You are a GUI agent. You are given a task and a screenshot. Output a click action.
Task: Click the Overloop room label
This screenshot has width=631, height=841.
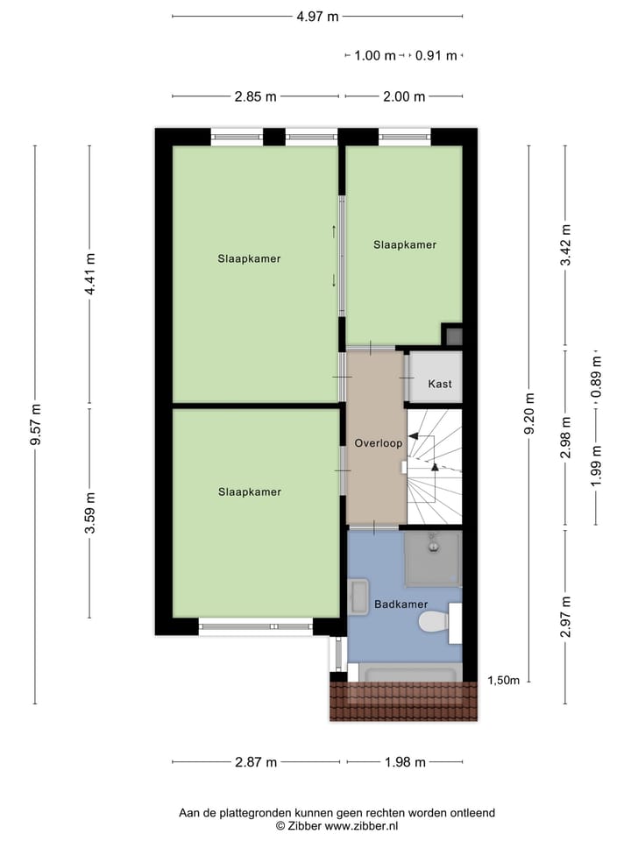[x=379, y=443]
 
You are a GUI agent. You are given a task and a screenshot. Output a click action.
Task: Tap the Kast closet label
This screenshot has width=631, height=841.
[x=440, y=385]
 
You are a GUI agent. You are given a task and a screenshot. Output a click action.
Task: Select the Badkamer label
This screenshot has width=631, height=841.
[x=401, y=604]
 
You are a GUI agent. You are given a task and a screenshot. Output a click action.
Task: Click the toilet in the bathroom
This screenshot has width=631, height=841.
[x=434, y=622]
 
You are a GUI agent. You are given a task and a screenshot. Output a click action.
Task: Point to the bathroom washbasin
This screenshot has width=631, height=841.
[x=358, y=598]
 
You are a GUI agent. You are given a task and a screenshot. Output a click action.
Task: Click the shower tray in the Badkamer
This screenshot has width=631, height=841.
[x=432, y=558]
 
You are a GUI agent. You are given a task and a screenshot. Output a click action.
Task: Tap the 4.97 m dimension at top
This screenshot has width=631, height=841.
[x=317, y=16]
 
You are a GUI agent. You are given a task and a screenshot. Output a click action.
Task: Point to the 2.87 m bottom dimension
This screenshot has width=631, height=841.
[x=256, y=762]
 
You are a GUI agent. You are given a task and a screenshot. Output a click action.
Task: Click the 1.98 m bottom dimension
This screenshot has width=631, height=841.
[x=405, y=762]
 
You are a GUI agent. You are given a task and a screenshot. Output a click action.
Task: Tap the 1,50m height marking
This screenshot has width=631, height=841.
[x=504, y=681]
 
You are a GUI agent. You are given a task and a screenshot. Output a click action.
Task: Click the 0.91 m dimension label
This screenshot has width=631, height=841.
[x=436, y=55]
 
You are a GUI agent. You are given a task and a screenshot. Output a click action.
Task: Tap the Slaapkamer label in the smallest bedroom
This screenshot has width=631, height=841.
[x=405, y=244]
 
